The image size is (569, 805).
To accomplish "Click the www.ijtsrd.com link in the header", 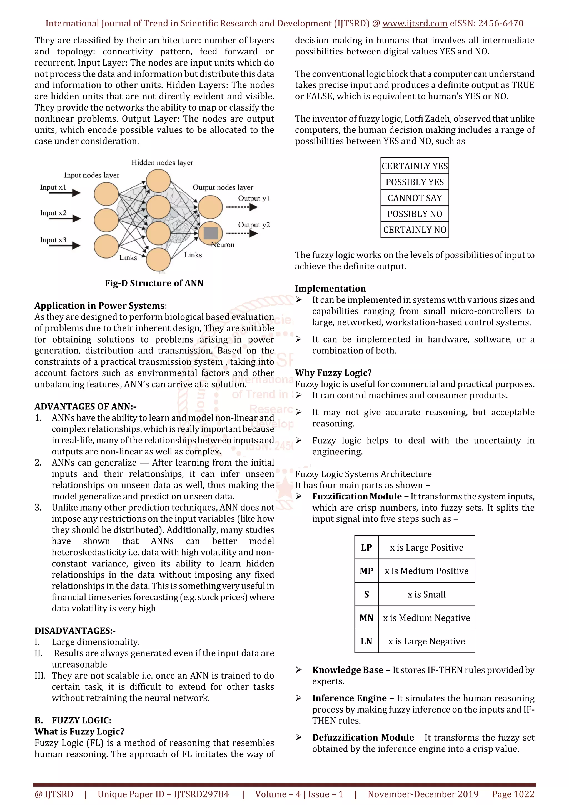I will coord(415,24).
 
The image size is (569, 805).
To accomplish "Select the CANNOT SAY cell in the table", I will coord(415,198).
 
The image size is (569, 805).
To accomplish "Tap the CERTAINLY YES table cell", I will coord(415,166).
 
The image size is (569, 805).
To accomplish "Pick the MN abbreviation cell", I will coord(366,618).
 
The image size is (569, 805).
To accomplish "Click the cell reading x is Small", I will coord(426,594).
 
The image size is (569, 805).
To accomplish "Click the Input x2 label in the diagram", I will coord(53,213).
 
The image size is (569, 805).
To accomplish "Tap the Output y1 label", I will coord(253,198).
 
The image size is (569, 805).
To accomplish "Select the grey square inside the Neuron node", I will coord(211,233).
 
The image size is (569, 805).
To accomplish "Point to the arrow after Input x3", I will coord(65,246).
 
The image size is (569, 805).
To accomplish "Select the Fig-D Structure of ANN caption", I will coord(154,283).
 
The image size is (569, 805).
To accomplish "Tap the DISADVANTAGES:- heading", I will coord(75,631).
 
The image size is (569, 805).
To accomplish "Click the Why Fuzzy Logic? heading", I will coord(333,373).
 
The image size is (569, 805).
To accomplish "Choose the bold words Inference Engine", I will coord(349,698).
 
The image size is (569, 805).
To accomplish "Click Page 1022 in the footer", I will coord(513,794).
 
